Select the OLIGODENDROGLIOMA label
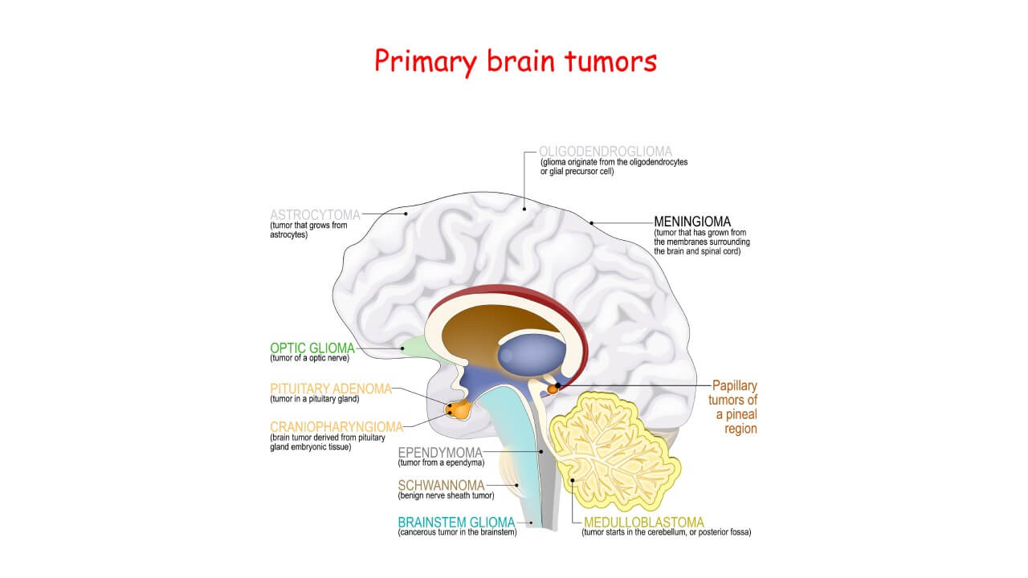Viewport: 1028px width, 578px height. [x=606, y=151]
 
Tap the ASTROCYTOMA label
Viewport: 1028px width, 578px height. [x=315, y=215]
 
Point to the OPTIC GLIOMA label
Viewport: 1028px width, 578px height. [x=312, y=348]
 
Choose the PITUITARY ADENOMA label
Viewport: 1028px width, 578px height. [x=331, y=389]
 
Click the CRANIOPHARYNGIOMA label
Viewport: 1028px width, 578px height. [x=336, y=426]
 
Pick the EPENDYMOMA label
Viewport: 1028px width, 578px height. [x=440, y=453]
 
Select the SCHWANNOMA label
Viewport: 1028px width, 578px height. [x=441, y=485]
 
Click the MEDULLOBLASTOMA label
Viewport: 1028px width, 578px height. [x=644, y=522]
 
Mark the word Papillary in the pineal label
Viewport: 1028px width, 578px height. [x=735, y=385]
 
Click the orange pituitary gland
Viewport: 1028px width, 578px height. [x=459, y=409]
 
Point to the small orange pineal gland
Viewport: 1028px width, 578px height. [x=553, y=389]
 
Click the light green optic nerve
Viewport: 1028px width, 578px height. [x=414, y=347]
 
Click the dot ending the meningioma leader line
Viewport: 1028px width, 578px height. [x=591, y=222]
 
